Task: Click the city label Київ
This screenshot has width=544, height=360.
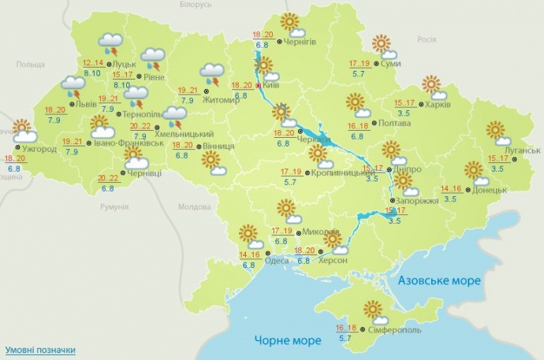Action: point(271,85)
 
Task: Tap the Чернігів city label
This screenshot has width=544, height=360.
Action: point(300,43)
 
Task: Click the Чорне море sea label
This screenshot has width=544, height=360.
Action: point(289,340)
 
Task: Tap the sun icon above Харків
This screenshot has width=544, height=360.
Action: point(433,85)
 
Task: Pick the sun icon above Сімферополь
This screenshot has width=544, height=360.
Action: point(373,310)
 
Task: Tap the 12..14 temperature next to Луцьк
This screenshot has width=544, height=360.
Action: point(93,62)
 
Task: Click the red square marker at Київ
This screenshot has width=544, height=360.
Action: point(259,85)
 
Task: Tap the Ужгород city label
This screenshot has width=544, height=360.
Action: point(39,150)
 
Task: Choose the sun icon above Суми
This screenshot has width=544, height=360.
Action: point(382,44)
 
